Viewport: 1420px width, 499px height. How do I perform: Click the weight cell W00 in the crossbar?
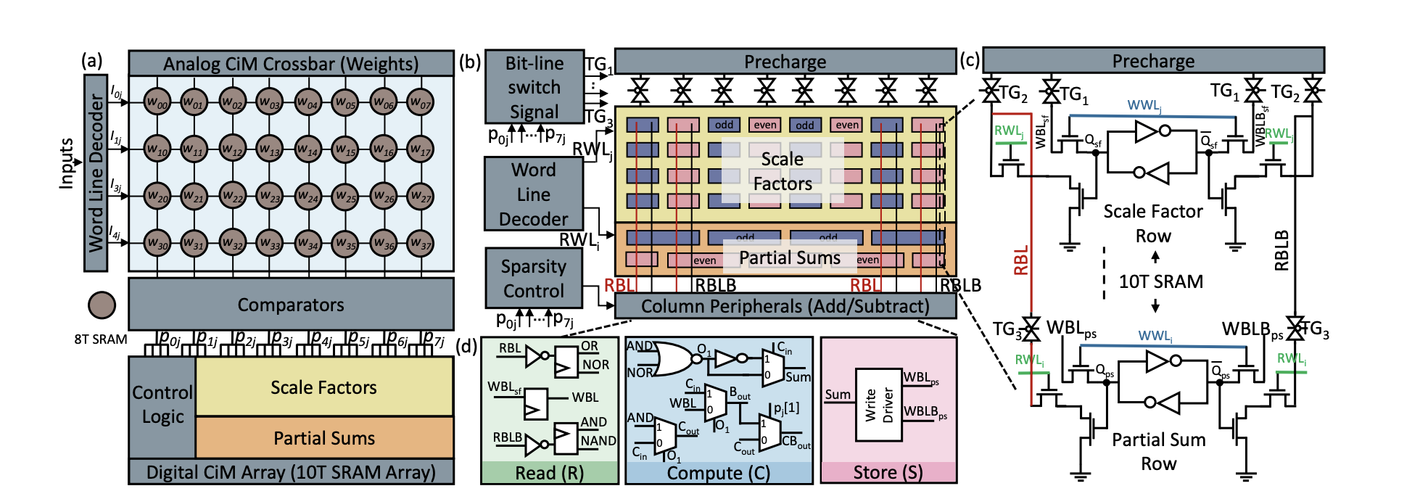(157, 102)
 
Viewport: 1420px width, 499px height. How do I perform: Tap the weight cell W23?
(270, 196)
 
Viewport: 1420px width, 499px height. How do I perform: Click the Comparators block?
(291, 305)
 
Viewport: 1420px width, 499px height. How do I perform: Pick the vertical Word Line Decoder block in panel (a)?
(96, 173)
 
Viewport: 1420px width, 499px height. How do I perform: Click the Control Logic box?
(162, 405)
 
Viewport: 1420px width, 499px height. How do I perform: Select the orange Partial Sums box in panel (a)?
(324, 437)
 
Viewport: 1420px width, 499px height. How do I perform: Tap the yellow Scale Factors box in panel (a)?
(324, 387)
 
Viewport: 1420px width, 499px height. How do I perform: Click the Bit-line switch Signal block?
(534, 87)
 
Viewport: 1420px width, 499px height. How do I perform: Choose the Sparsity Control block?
(534, 279)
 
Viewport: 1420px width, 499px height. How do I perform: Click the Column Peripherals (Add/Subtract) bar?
(785, 306)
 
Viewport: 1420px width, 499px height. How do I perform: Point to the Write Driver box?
(878, 405)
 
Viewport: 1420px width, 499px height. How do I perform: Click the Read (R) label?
(549, 473)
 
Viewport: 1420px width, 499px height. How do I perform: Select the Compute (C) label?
(718, 473)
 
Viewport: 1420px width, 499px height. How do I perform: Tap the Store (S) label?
(888, 473)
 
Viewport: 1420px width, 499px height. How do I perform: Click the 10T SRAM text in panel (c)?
(1160, 281)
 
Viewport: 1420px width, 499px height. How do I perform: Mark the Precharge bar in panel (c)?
(1153, 61)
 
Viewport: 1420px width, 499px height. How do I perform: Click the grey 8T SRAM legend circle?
(102, 305)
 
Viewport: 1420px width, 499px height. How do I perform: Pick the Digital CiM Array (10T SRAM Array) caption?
(291, 472)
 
